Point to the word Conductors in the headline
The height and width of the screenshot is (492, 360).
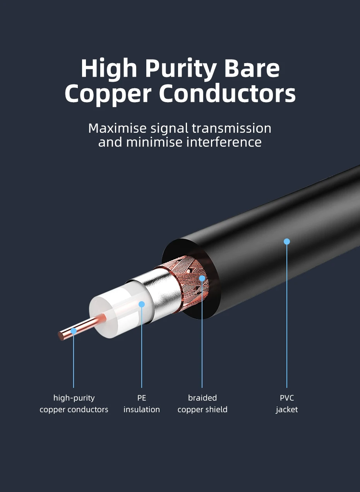coord(227,94)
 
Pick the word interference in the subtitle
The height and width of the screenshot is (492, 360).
coord(224,142)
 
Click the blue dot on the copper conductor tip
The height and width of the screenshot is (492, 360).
coord(74,331)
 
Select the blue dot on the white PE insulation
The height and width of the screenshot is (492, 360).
coord(142,304)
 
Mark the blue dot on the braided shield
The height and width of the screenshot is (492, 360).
coord(202,278)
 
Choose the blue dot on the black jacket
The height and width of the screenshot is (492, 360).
coord(287,242)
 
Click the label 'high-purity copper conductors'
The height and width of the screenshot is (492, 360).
coord(74,404)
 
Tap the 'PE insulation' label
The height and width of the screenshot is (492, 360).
coord(142,404)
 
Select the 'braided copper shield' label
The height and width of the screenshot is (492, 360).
coord(202,404)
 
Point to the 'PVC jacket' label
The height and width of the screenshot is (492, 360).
coord(287,404)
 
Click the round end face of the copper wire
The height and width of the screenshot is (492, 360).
coord(62,336)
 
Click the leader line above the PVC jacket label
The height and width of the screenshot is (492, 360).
coord(287,317)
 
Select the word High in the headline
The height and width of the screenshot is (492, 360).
coord(109,69)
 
